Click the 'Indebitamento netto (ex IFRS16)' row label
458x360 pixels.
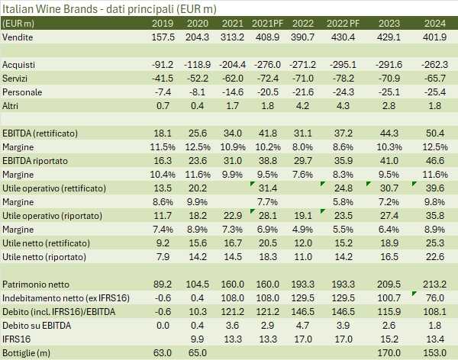66,297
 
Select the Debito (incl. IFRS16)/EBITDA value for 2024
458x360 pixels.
435,311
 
